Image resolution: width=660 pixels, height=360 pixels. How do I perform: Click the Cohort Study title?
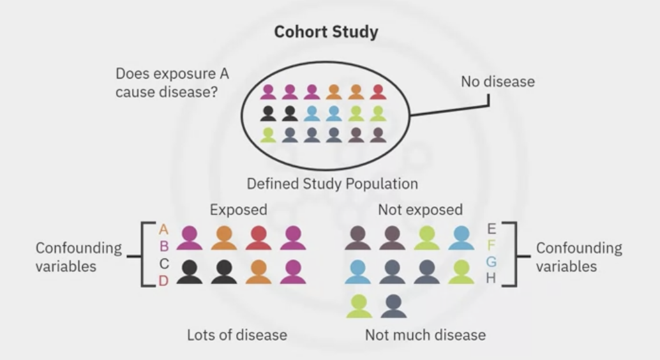(x=326, y=31)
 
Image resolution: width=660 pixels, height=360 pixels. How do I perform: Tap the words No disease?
(x=498, y=82)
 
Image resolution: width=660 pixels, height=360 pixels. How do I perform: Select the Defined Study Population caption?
(x=332, y=184)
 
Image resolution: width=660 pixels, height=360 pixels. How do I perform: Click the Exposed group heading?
(x=238, y=209)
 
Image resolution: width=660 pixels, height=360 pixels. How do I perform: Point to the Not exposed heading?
(x=420, y=209)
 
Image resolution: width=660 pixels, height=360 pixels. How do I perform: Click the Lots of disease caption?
(x=237, y=334)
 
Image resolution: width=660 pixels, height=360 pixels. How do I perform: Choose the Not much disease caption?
(x=425, y=334)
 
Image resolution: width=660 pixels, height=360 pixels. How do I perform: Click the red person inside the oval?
(x=378, y=92)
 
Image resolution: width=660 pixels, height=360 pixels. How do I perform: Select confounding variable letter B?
(x=164, y=246)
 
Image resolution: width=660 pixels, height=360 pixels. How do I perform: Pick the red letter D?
(x=164, y=280)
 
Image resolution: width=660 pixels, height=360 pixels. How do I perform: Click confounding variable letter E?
(x=491, y=229)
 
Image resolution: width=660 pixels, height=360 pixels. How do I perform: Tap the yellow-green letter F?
(x=491, y=246)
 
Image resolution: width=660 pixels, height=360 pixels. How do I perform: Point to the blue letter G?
(x=491, y=262)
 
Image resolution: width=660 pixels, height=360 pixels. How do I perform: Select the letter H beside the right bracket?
(x=491, y=279)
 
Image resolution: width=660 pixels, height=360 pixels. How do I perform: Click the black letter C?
(x=164, y=263)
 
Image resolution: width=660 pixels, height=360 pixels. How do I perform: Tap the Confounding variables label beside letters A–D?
(x=79, y=257)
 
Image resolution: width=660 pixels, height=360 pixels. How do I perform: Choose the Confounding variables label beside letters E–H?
(x=578, y=257)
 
